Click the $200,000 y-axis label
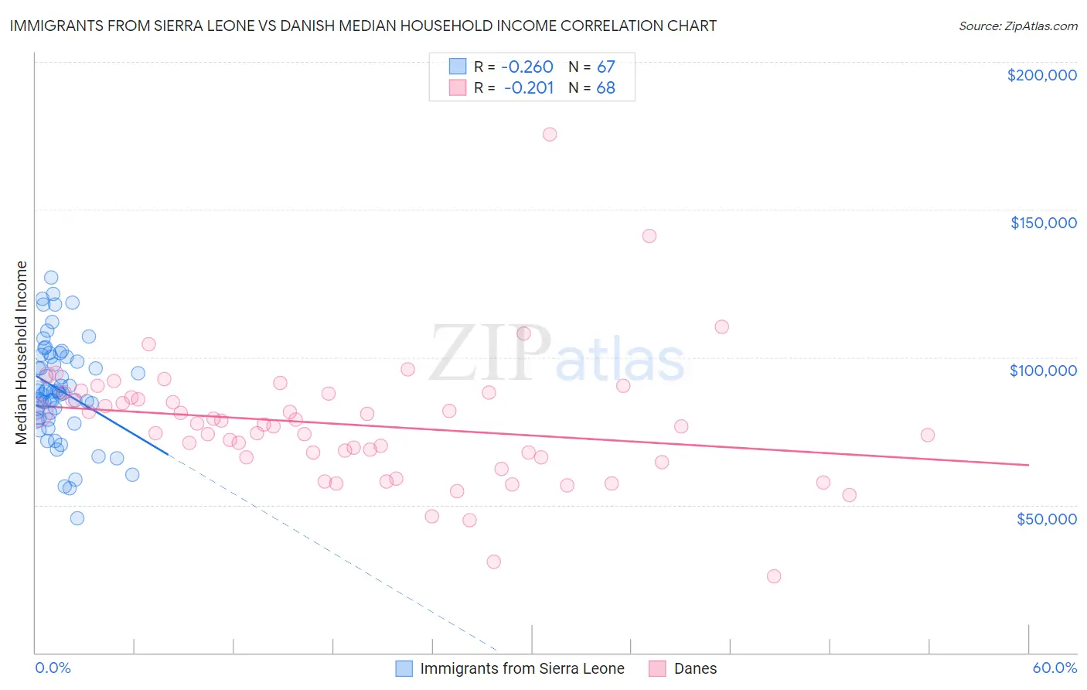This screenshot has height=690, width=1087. click(1041, 75)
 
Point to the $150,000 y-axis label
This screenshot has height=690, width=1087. click(1043, 223)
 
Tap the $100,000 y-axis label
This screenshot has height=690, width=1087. click(1043, 371)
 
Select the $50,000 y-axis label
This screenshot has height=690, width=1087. click(1046, 518)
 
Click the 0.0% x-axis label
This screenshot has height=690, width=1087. click(53, 668)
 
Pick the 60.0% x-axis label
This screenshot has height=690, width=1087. click(1055, 668)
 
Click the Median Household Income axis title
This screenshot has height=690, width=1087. click(22, 353)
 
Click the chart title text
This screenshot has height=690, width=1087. click(363, 26)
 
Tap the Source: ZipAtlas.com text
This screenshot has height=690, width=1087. click(1017, 26)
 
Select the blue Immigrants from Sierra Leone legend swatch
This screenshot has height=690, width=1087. click(404, 668)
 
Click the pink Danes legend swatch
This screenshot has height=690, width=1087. click(657, 668)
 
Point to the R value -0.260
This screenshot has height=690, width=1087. click(527, 67)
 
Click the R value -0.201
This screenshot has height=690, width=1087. click(529, 87)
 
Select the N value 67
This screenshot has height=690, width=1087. click(605, 67)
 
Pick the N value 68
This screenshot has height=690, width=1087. click(605, 87)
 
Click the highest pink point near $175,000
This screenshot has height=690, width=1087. click(550, 135)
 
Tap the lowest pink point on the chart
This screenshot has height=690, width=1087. click(774, 576)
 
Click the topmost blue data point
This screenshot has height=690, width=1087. click(51, 278)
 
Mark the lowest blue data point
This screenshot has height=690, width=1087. click(77, 518)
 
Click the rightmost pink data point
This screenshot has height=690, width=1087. click(928, 435)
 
